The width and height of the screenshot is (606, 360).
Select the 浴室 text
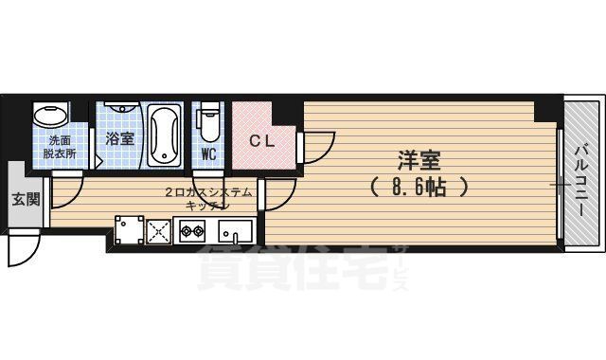pos(120,138)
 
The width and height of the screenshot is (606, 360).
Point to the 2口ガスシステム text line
pos(208,191)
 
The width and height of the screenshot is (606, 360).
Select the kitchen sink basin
pos(235,229)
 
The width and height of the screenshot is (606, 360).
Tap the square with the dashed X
pos(158,229)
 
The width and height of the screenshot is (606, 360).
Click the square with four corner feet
pos(128,229)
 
